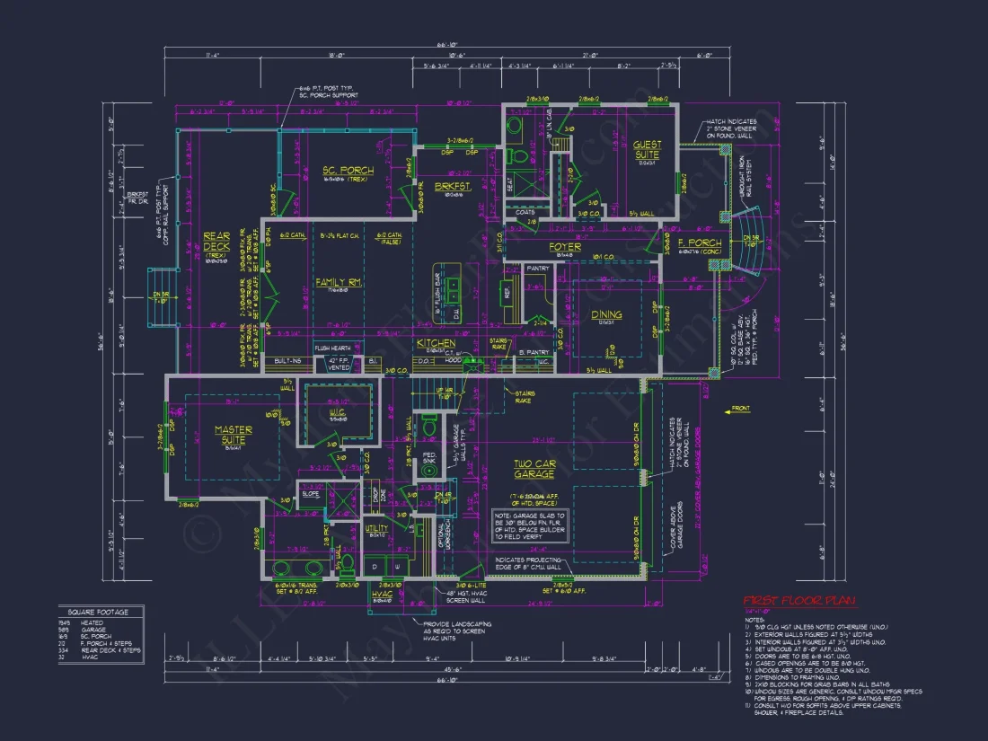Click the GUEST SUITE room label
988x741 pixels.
(647, 150)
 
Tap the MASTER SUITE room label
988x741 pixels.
(233, 435)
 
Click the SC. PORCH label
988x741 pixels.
(348, 171)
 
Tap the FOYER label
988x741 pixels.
(565, 247)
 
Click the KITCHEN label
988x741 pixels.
(435, 343)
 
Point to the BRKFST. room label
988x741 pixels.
(453, 187)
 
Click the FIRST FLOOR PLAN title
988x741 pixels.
(798, 601)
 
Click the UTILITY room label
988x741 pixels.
(376, 528)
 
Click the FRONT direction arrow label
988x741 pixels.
(741, 410)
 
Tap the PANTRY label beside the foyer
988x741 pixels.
(537, 268)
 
